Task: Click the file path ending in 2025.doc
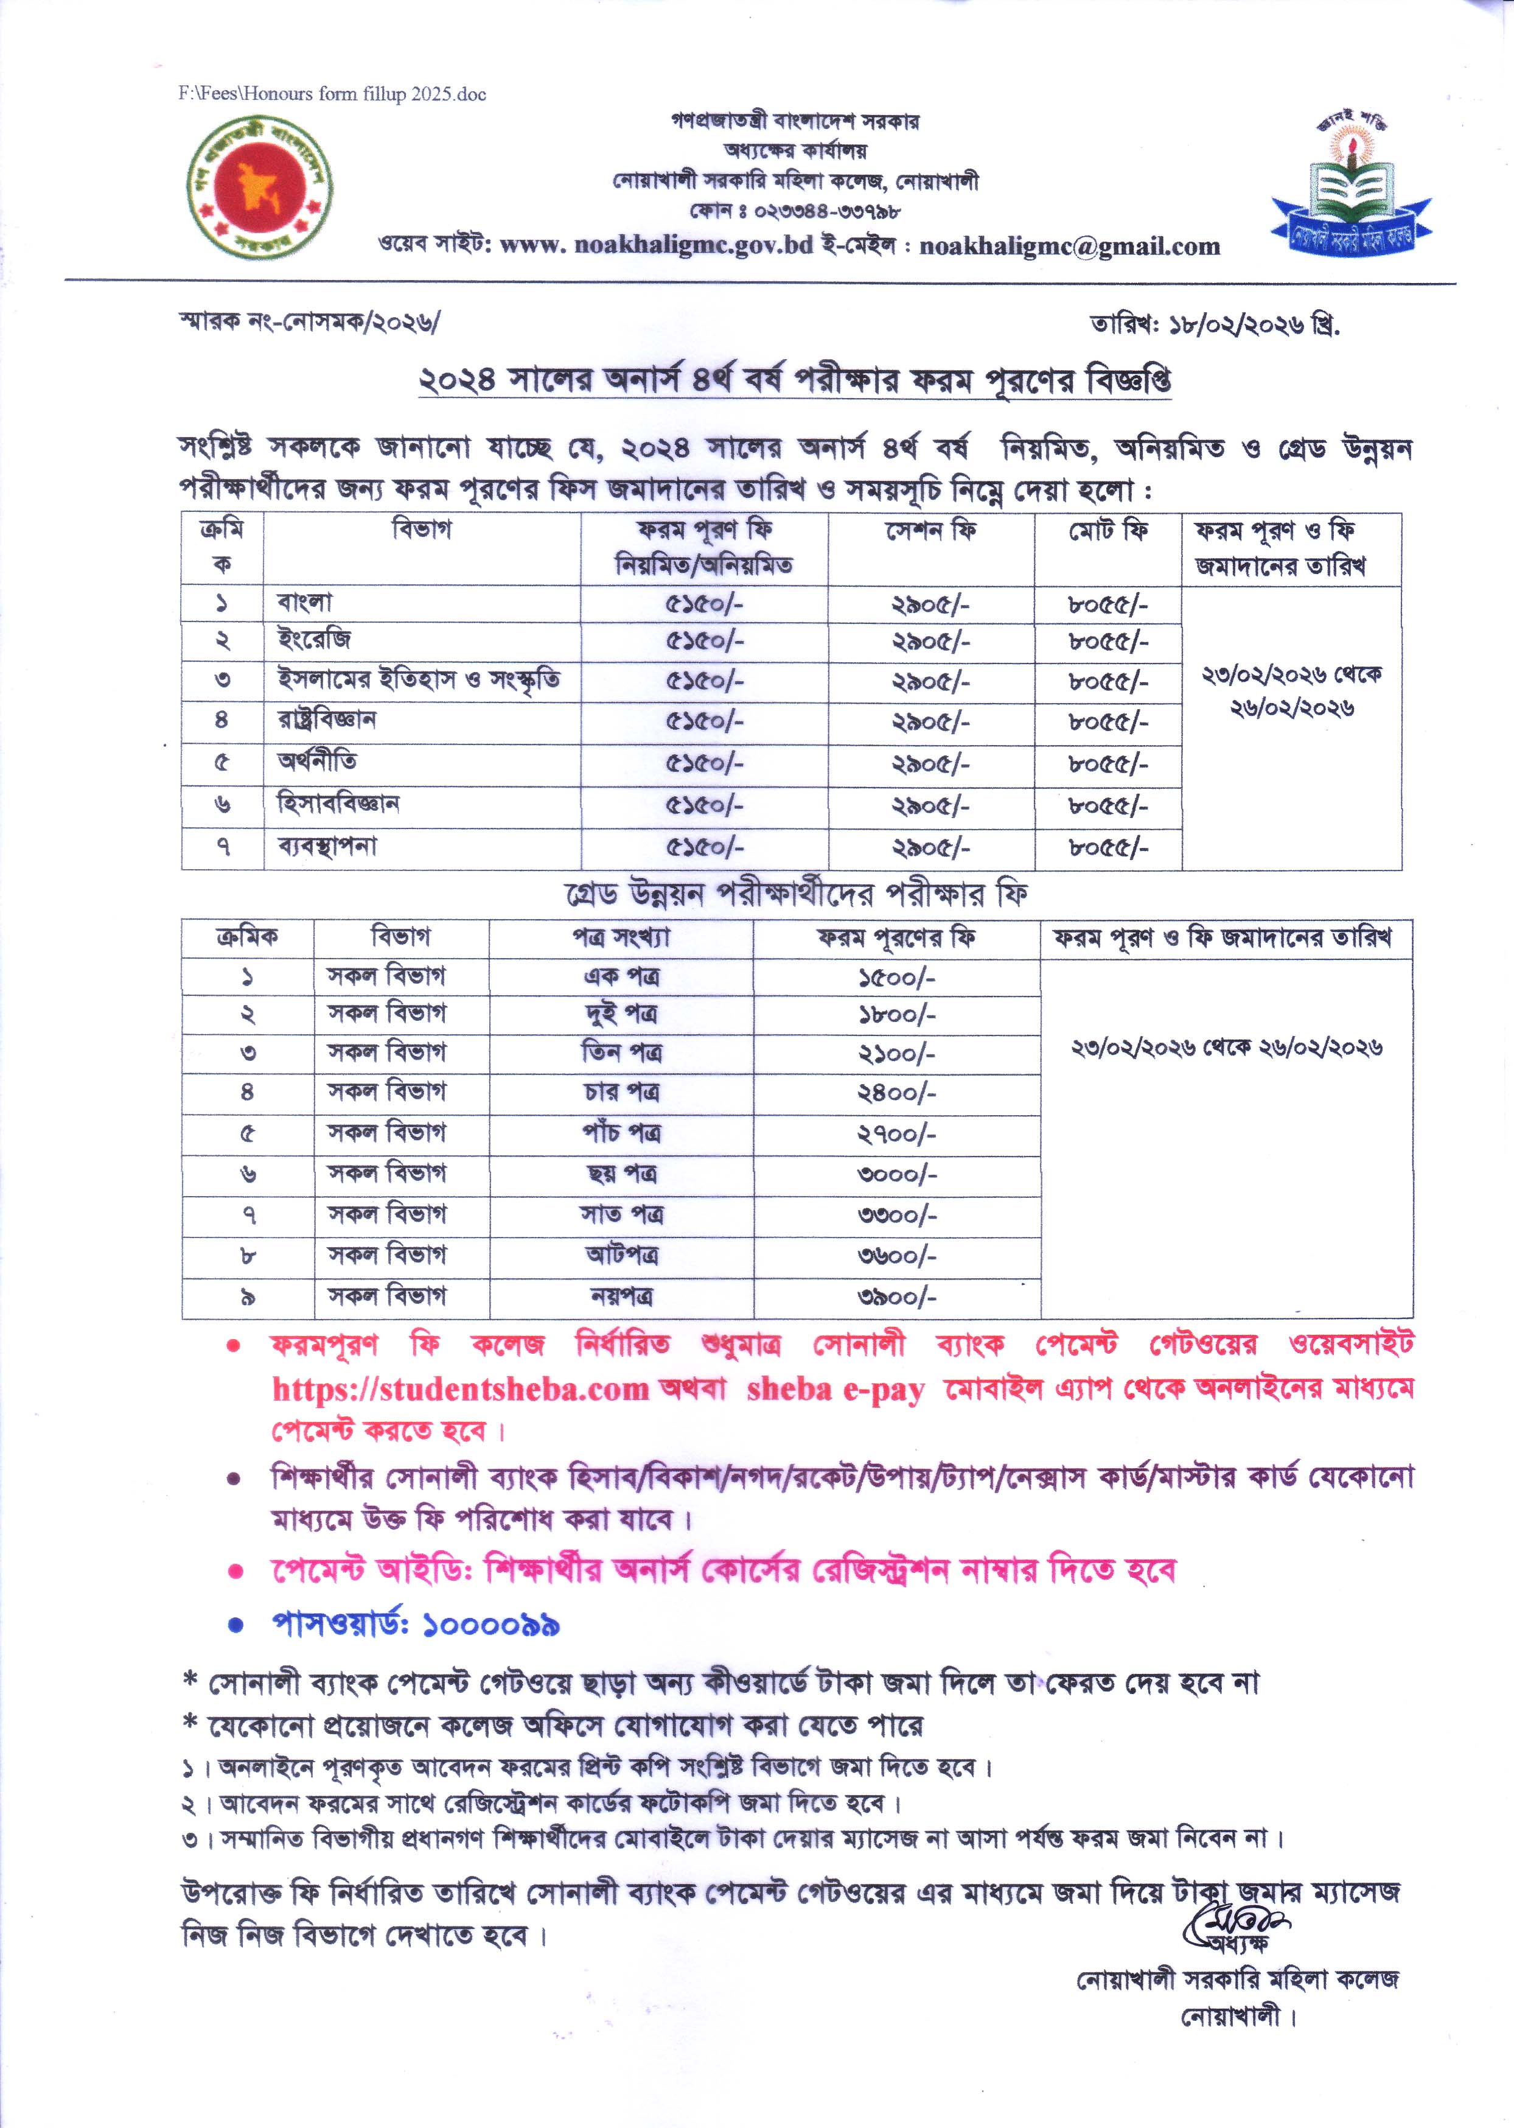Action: tap(332, 94)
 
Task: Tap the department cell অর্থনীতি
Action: tap(317, 763)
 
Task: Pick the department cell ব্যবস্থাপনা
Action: tap(327, 847)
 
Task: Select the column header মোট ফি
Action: tap(1108, 531)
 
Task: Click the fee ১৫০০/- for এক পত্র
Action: tap(896, 978)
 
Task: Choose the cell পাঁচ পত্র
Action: tap(622, 1135)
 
